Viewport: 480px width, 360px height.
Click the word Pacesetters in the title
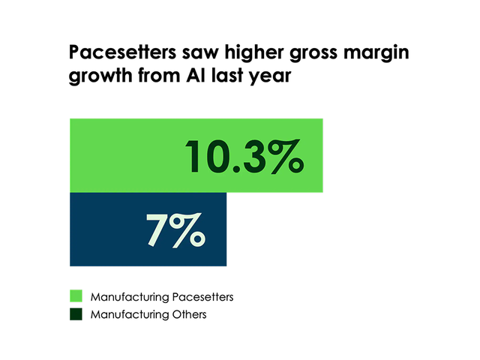114,54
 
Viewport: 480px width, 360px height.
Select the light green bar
127,154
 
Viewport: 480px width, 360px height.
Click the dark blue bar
105,229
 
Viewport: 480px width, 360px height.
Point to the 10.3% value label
244,156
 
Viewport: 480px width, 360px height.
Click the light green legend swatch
75,297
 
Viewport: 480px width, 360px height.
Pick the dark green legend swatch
75,314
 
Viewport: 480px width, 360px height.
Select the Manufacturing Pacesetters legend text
161,297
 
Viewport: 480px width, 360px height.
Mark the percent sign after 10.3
286,156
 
